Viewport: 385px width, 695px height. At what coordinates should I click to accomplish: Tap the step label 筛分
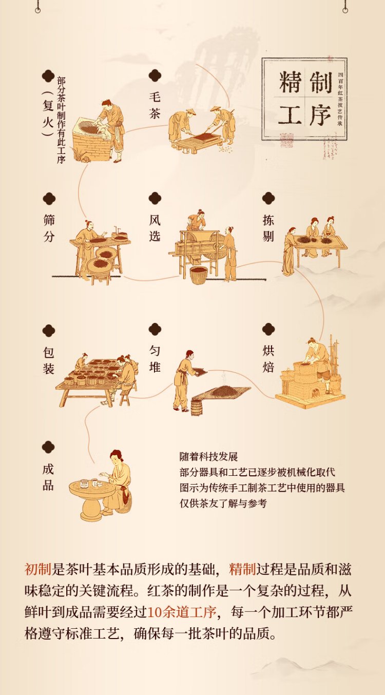pos(49,228)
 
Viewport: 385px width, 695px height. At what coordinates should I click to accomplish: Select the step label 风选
pos(155,228)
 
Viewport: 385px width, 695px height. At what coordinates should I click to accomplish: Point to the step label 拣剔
pos(268,228)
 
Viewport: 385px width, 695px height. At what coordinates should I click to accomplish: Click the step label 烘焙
pos(268,359)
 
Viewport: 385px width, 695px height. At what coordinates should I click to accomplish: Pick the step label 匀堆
pos(155,359)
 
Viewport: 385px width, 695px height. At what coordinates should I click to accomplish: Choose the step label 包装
pos(49,360)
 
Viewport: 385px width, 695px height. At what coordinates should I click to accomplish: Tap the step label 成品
pos(48,477)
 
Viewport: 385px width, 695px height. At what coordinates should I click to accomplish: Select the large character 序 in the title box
pos(320,114)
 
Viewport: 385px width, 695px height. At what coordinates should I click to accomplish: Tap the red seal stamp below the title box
pos(286,140)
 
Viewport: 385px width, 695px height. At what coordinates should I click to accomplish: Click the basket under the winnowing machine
pos(199,275)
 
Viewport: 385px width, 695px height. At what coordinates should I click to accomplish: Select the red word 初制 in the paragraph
pos(38,569)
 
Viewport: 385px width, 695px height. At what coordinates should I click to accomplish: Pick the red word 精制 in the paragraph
pos(242,569)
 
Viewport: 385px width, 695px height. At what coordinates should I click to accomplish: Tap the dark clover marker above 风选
pos(155,198)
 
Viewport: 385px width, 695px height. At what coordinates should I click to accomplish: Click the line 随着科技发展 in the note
pos(209,457)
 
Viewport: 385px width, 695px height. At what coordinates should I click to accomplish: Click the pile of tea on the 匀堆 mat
pos(225,390)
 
